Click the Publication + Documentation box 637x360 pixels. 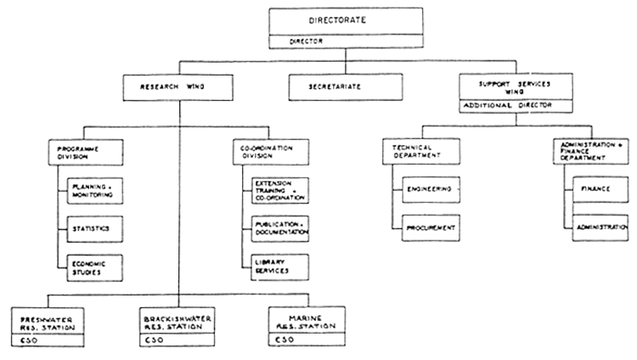pos(278,228)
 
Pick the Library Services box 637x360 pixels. pos(278,265)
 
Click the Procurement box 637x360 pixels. pos(430,227)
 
